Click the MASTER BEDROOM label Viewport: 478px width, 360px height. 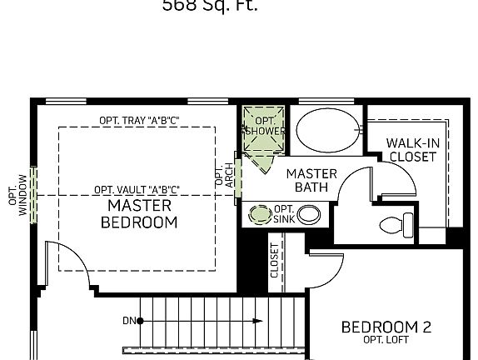pos(139,213)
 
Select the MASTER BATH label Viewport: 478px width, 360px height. pos(311,180)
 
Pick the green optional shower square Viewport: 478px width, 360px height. pos(264,129)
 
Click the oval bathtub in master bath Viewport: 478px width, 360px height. pos(328,129)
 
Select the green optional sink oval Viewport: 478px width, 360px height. pos(261,214)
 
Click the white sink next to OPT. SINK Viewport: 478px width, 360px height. pos(309,214)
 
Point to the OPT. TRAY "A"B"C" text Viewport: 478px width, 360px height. pos(140,120)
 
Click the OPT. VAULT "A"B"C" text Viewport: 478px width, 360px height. pos(137,189)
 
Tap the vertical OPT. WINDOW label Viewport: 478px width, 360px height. pos(17,195)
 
